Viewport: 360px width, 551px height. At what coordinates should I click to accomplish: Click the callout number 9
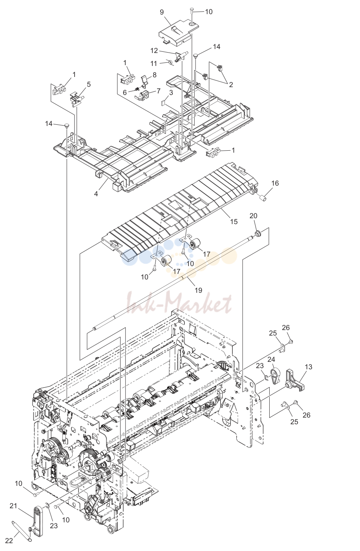click(x=162, y=12)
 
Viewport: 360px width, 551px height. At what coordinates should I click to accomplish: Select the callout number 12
click(x=154, y=51)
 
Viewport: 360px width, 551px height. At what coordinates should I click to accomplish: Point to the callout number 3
click(x=171, y=93)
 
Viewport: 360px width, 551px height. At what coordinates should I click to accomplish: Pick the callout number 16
click(x=275, y=183)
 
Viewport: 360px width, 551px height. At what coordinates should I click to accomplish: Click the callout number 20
click(x=253, y=216)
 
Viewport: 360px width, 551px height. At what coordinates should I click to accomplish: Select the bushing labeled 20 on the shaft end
click(x=258, y=233)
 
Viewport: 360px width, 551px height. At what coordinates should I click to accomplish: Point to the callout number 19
click(x=198, y=290)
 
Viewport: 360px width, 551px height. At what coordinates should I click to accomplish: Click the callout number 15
click(x=234, y=222)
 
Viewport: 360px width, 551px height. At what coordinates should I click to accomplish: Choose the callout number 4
click(x=96, y=194)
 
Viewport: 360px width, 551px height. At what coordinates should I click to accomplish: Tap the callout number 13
click(x=308, y=374)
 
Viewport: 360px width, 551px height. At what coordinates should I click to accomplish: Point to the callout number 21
click(x=13, y=506)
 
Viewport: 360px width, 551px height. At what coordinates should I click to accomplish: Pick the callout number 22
click(x=9, y=541)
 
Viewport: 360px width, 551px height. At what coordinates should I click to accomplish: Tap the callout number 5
click(x=89, y=84)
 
